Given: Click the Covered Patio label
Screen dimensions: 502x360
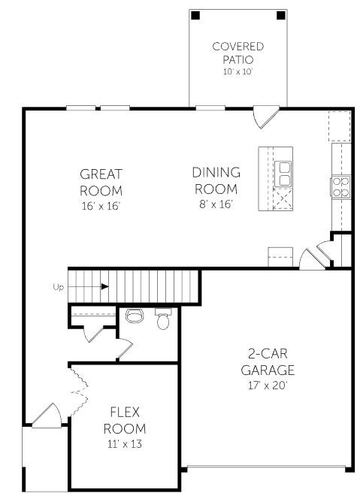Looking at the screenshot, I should point(237,52).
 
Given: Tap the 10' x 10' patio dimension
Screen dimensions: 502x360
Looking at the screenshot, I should point(237,71).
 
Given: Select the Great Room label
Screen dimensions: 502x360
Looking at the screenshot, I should point(101,182).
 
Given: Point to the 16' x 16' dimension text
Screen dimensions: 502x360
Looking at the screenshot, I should point(101,204).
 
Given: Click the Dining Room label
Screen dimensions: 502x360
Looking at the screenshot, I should point(216,180).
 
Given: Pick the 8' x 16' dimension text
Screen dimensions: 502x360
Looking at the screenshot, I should point(216,204).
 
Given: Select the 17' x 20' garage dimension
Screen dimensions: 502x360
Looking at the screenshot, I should point(268,385).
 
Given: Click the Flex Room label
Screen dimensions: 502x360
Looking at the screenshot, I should point(124,419).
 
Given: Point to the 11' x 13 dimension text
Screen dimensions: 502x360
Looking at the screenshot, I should point(124,443).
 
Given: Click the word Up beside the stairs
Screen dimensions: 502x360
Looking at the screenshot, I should point(58,286).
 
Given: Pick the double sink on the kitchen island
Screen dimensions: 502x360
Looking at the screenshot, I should point(284,174).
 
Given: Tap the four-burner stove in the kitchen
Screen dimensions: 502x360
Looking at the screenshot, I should point(340,186).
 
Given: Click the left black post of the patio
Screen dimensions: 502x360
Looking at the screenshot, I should point(195,15).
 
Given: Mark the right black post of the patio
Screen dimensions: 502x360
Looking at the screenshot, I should point(280,15).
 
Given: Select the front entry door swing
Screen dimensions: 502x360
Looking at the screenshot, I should point(47,416).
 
